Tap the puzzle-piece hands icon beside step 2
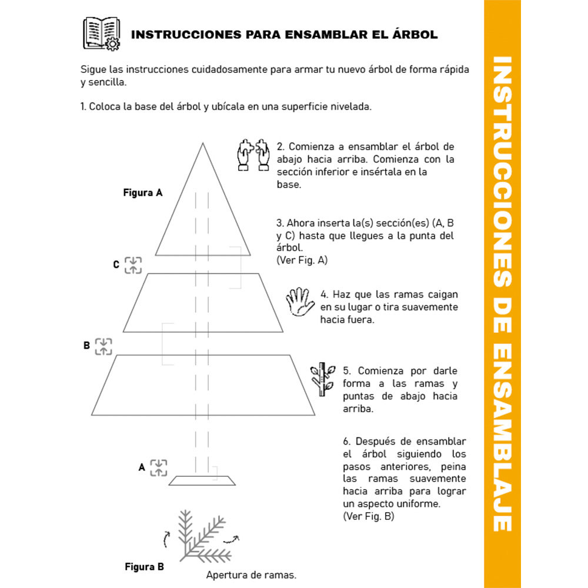click(253, 155)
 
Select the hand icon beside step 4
click(300, 302)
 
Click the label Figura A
click(143, 192)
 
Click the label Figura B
click(144, 567)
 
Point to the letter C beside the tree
click(116, 265)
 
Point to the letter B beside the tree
click(86, 346)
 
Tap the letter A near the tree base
click(141, 467)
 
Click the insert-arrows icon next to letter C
click(133, 265)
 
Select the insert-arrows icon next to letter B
click(103, 346)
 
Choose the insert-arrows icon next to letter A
click(158, 468)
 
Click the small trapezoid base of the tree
click(202, 480)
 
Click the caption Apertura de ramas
click(251, 574)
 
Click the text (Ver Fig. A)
click(302, 260)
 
